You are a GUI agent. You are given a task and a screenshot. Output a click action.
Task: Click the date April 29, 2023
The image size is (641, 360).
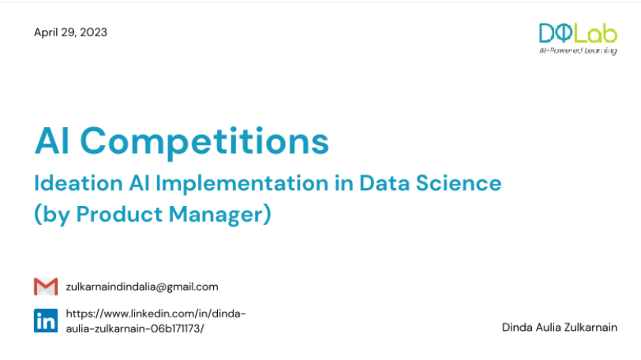(70, 32)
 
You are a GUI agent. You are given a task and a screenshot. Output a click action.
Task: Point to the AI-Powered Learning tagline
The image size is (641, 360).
(578, 50)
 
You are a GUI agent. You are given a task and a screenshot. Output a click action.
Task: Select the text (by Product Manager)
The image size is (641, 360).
(152, 214)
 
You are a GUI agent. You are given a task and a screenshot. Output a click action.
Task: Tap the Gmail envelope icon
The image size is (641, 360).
(46, 287)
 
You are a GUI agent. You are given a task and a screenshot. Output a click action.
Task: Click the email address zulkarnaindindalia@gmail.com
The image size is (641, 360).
(142, 287)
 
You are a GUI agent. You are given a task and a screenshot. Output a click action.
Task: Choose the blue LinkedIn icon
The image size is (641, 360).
(46, 321)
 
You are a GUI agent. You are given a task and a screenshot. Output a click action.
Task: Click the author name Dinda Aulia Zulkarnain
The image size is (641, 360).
(559, 327)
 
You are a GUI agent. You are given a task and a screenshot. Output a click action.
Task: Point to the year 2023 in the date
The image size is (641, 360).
(94, 32)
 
